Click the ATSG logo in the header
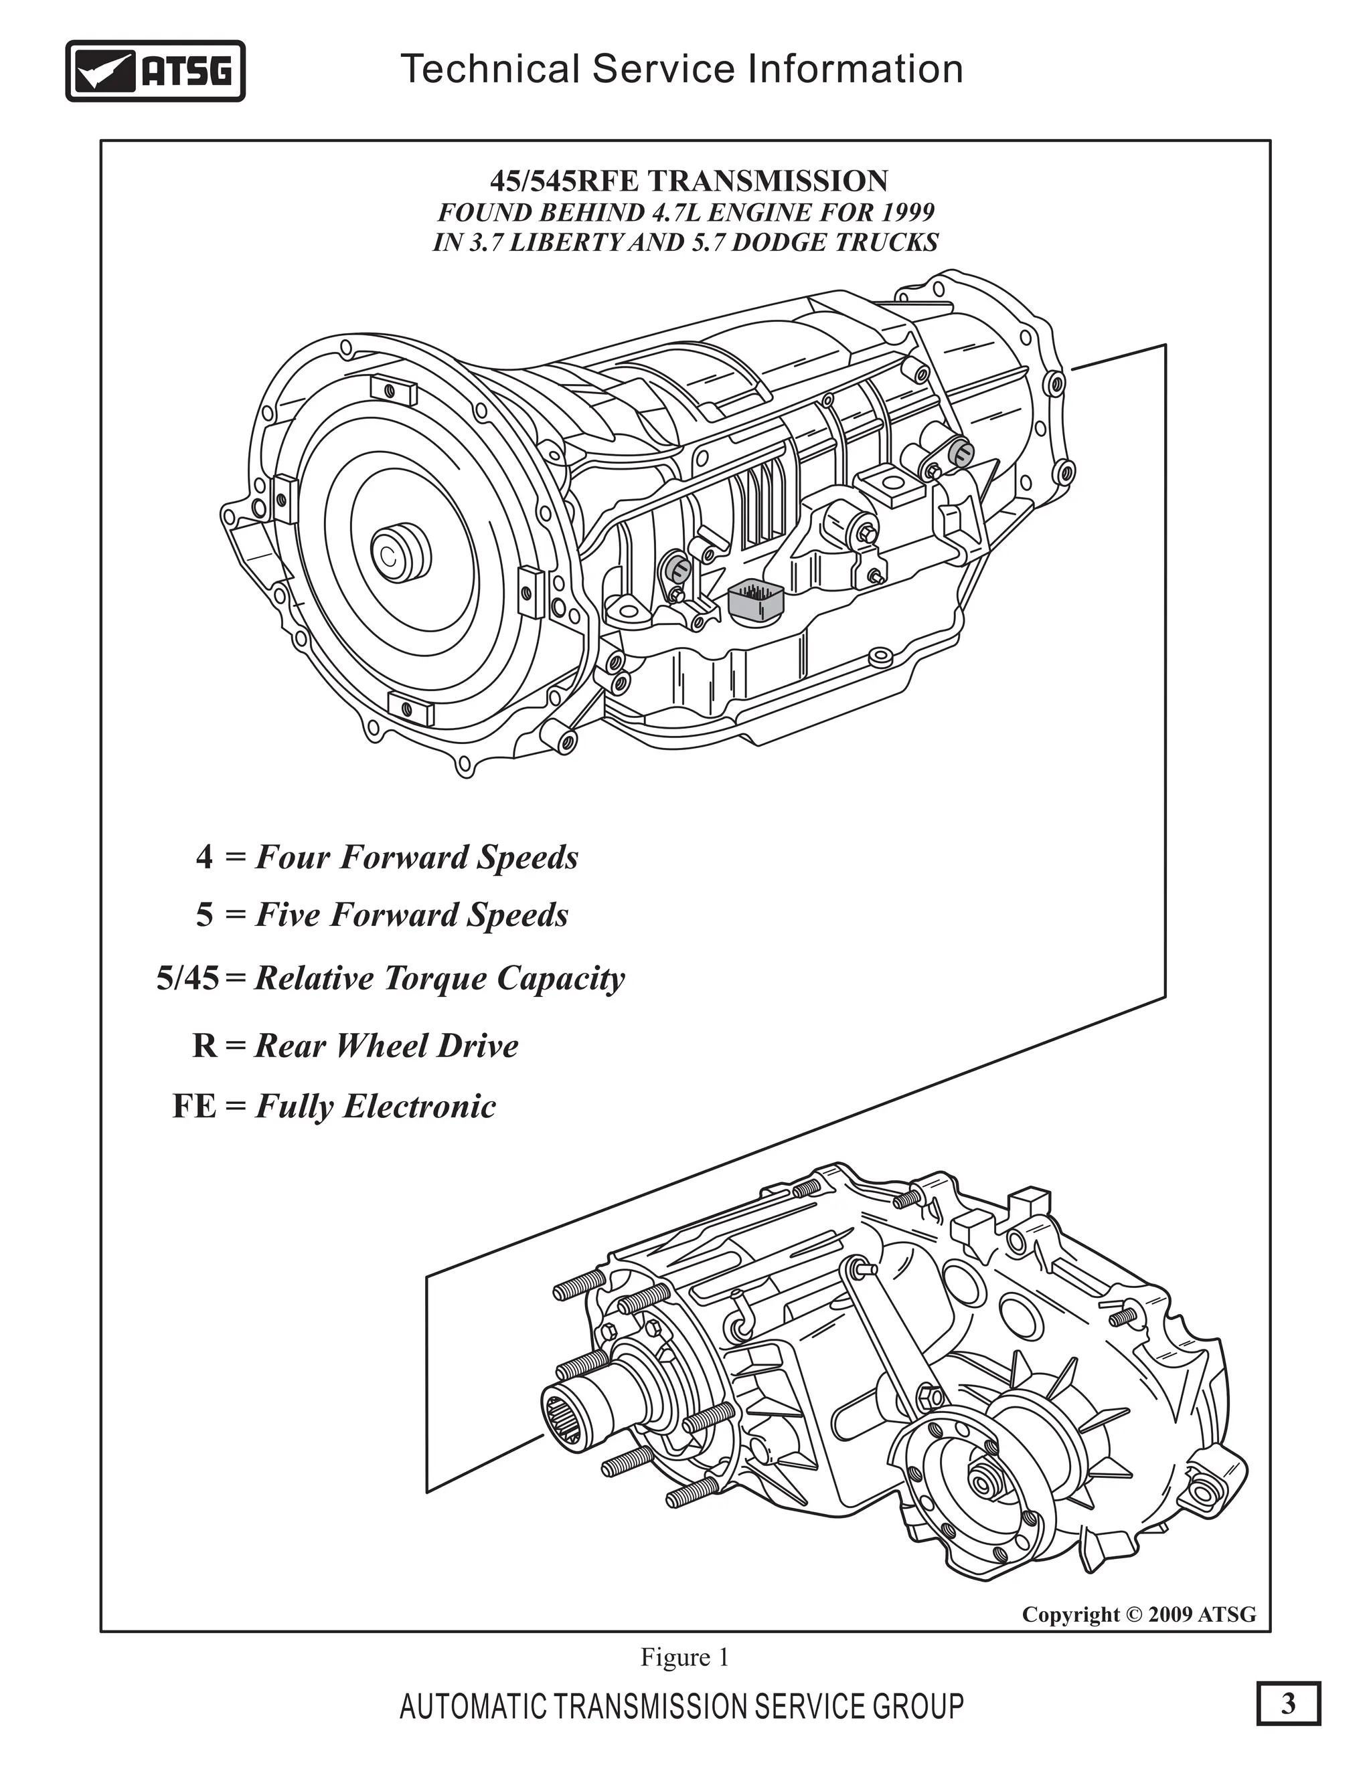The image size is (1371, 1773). [x=155, y=72]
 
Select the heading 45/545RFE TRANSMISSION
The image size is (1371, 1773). [x=689, y=180]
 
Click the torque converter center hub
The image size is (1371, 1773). [x=400, y=554]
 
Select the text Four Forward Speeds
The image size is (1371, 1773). [x=416, y=857]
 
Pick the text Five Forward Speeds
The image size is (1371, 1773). [x=412, y=915]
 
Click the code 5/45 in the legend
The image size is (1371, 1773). [x=187, y=979]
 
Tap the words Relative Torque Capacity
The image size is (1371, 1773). [x=439, y=979]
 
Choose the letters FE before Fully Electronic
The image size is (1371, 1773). [x=195, y=1107]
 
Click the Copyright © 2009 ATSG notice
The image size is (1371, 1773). [x=1139, y=1614]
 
